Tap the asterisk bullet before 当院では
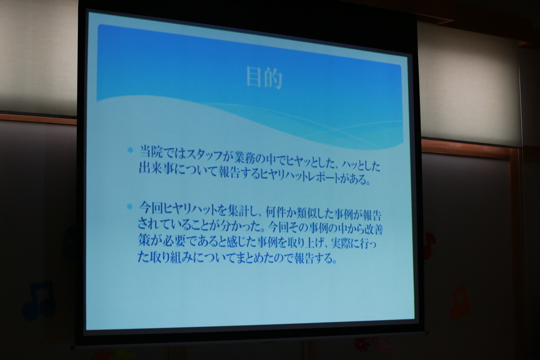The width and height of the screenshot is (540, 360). [x=130, y=150]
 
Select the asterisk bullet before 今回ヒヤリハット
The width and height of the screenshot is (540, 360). [x=130, y=207]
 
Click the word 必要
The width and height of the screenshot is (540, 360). [x=173, y=240]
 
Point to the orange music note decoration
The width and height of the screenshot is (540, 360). [x=460, y=303]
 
